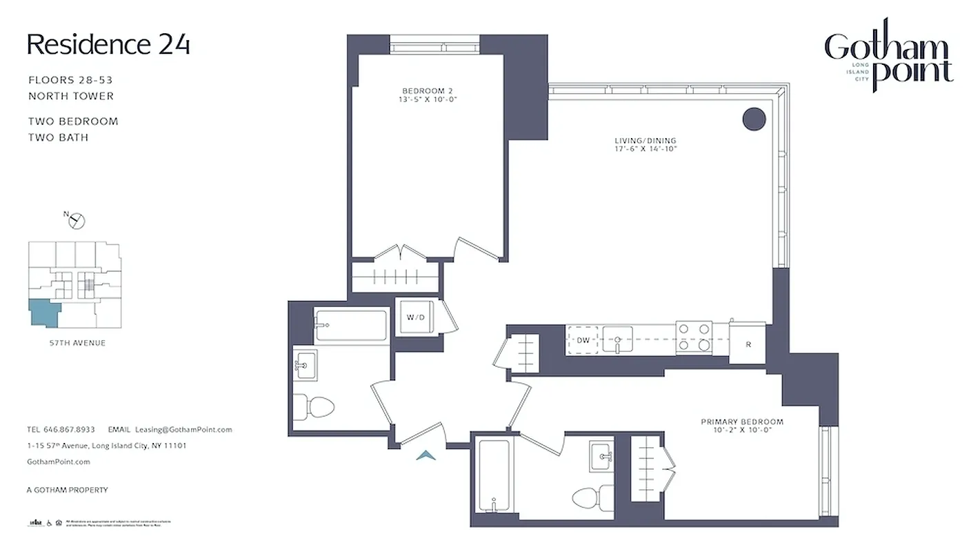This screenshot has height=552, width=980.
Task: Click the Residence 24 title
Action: click(108, 45)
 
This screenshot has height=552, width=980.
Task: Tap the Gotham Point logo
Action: click(888, 59)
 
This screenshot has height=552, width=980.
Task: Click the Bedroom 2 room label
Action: click(428, 95)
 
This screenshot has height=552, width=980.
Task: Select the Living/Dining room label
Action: click(646, 144)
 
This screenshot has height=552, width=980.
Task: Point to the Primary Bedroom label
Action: click(742, 426)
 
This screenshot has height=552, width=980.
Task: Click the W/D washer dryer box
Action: click(416, 317)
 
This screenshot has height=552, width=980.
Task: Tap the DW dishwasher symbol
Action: click(583, 339)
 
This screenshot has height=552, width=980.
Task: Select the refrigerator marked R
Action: click(748, 343)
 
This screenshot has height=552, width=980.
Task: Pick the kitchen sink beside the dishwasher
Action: click(619, 339)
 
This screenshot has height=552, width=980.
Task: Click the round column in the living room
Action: click(754, 119)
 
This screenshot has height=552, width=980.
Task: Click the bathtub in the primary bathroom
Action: click(494, 476)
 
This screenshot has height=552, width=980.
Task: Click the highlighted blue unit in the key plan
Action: click(43, 313)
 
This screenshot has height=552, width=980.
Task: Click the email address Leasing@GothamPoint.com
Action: click(183, 429)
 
